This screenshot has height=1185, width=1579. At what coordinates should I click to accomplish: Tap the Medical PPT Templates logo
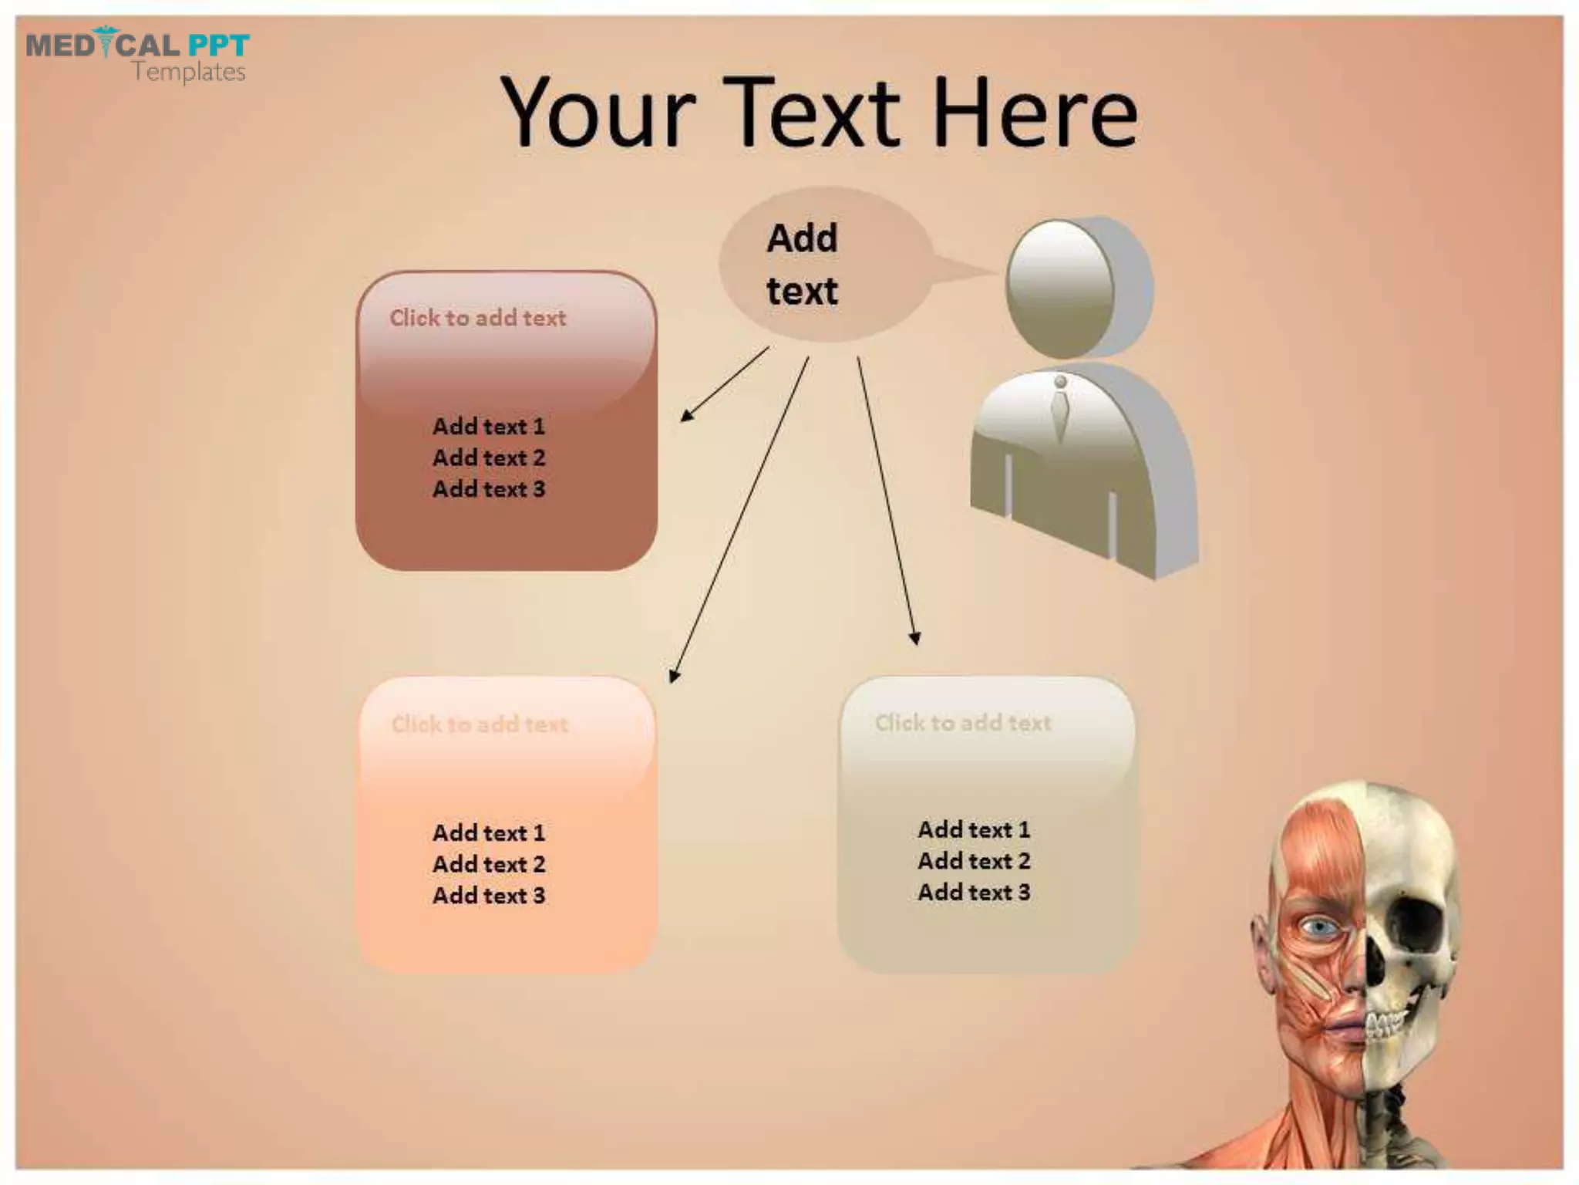pos(137,56)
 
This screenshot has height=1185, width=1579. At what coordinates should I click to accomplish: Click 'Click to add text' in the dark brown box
pos(477,318)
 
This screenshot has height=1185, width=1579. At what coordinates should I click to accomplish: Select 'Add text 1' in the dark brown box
pos(489,426)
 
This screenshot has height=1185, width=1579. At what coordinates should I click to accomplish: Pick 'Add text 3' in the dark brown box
pos(489,489)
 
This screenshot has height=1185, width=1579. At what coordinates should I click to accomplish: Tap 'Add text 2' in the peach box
pos(489,864)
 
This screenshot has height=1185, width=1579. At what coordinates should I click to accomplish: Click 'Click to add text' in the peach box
pos(480,724)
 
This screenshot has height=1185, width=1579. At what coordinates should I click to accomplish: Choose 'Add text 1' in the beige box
pos(974,829)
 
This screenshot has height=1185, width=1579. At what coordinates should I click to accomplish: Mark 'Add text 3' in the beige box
pos(974,893)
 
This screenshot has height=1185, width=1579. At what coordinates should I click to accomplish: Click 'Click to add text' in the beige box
pos(963,723)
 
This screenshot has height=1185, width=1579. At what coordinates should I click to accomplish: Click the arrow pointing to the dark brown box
pos(725,383)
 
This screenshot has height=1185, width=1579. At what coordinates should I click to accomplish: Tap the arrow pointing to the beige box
pos(887,500)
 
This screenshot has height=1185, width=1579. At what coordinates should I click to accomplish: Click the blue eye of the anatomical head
pos(1320,926)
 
